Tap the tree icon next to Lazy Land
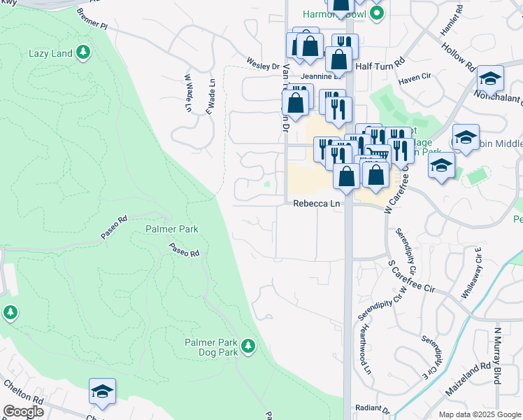click(83, 52)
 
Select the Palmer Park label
click(172, 229)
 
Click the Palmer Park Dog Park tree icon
click(248, 345)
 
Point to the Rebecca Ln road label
click(316, 204)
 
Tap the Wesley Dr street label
click(262, 64)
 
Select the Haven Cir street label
click(413, 80)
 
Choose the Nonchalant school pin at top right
click(490, 78)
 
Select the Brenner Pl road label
click(92, 20)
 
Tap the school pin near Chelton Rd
click(102, 391)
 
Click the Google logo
click(24, 412)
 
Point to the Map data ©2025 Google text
click(479, 414)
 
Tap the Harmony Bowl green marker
click(378, 13)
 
